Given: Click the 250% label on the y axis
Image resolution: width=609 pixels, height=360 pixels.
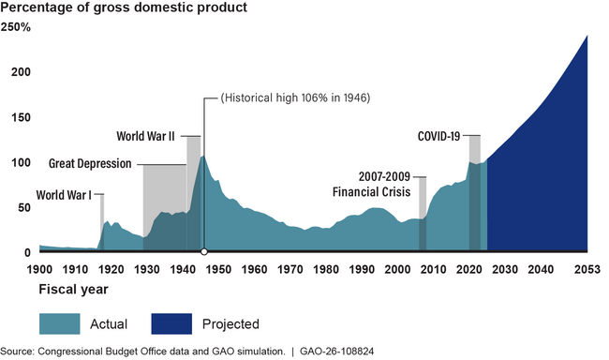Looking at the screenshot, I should tap(17, 27).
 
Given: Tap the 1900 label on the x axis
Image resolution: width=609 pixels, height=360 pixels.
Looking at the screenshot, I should tap(39, 269).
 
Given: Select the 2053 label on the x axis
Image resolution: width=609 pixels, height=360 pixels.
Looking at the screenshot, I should tap(587, 269).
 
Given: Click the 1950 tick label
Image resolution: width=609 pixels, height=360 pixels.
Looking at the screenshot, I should tap(218, 269).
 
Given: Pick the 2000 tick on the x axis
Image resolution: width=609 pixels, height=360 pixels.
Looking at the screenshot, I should tap(397, 269).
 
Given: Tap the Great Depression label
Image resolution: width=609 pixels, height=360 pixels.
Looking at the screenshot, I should tap(90, 164).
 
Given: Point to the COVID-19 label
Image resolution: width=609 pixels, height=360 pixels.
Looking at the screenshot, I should tap(438, 136).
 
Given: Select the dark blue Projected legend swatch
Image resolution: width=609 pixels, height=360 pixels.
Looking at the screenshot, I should tap(170, 324).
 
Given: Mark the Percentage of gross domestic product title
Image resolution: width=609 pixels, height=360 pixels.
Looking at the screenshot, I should tap(124, 8).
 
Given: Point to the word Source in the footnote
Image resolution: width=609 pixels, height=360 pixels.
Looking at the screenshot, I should tap(19, 352).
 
